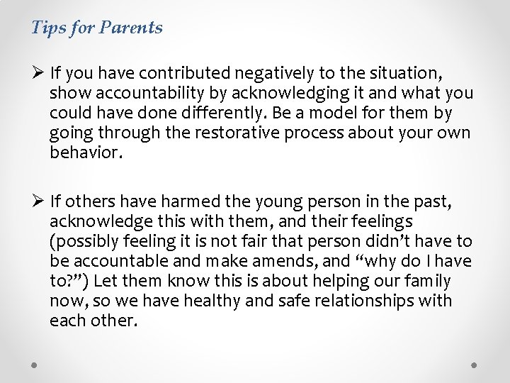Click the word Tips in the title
(x=47, y=28)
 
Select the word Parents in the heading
(x=131, y=28)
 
